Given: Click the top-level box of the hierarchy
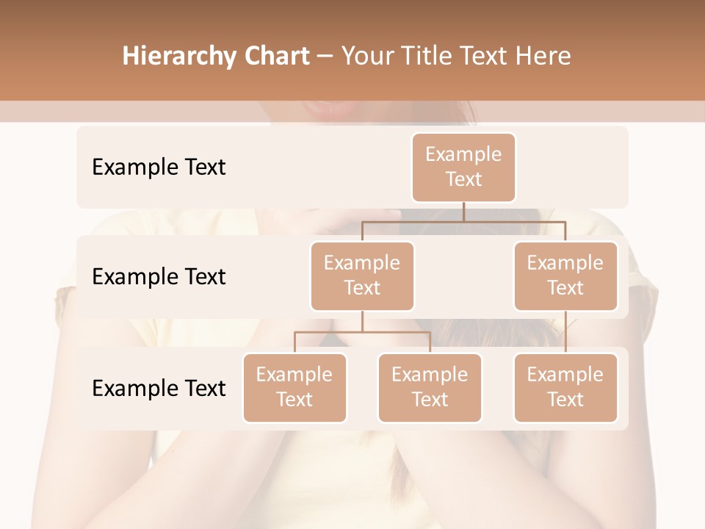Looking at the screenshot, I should click(463, 167).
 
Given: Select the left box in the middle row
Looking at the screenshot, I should click(362, 276).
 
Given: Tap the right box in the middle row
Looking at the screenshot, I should click(565, 276).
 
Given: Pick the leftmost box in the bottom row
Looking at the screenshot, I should click(294, 387).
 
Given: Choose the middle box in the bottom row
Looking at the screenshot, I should click(430, 387).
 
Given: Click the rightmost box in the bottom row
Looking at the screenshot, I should click(565, 387).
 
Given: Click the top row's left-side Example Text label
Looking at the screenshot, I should click(159, 168).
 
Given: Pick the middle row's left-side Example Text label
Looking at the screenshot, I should click(159, 277).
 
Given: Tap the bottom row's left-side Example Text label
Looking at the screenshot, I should click(159, 389).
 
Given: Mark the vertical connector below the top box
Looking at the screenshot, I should click(463, 212).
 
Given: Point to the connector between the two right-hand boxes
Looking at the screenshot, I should click(565, 332).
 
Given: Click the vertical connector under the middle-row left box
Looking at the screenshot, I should click(362, 321).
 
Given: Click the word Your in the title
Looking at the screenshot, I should click(366, 57).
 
